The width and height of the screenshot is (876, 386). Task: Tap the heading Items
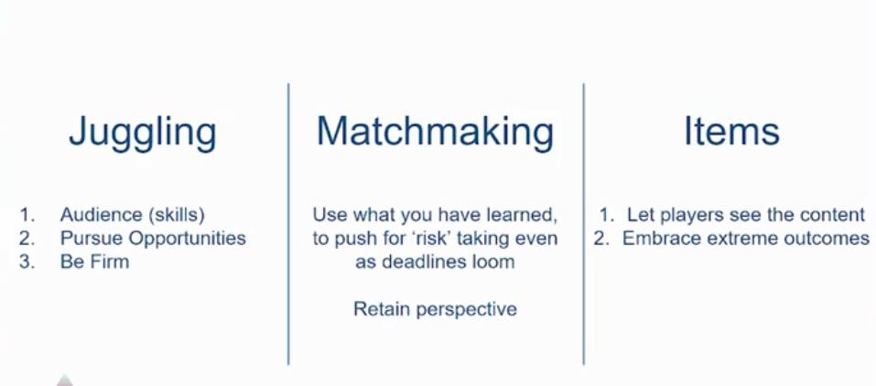[x=732, y=131]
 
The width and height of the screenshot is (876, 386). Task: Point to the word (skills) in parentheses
[x=176, y=215]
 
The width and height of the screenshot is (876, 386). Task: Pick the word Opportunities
[x=187, y=239]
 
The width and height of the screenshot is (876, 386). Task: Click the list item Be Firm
[x=94, y=262]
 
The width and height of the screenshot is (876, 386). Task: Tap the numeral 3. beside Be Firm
[x=27, y=262]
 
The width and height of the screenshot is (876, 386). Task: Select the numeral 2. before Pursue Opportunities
[x=27, y=238]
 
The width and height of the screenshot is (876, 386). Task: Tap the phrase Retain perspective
[x=435, y=309]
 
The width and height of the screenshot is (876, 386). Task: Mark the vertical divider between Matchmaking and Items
[x=584, y=224]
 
